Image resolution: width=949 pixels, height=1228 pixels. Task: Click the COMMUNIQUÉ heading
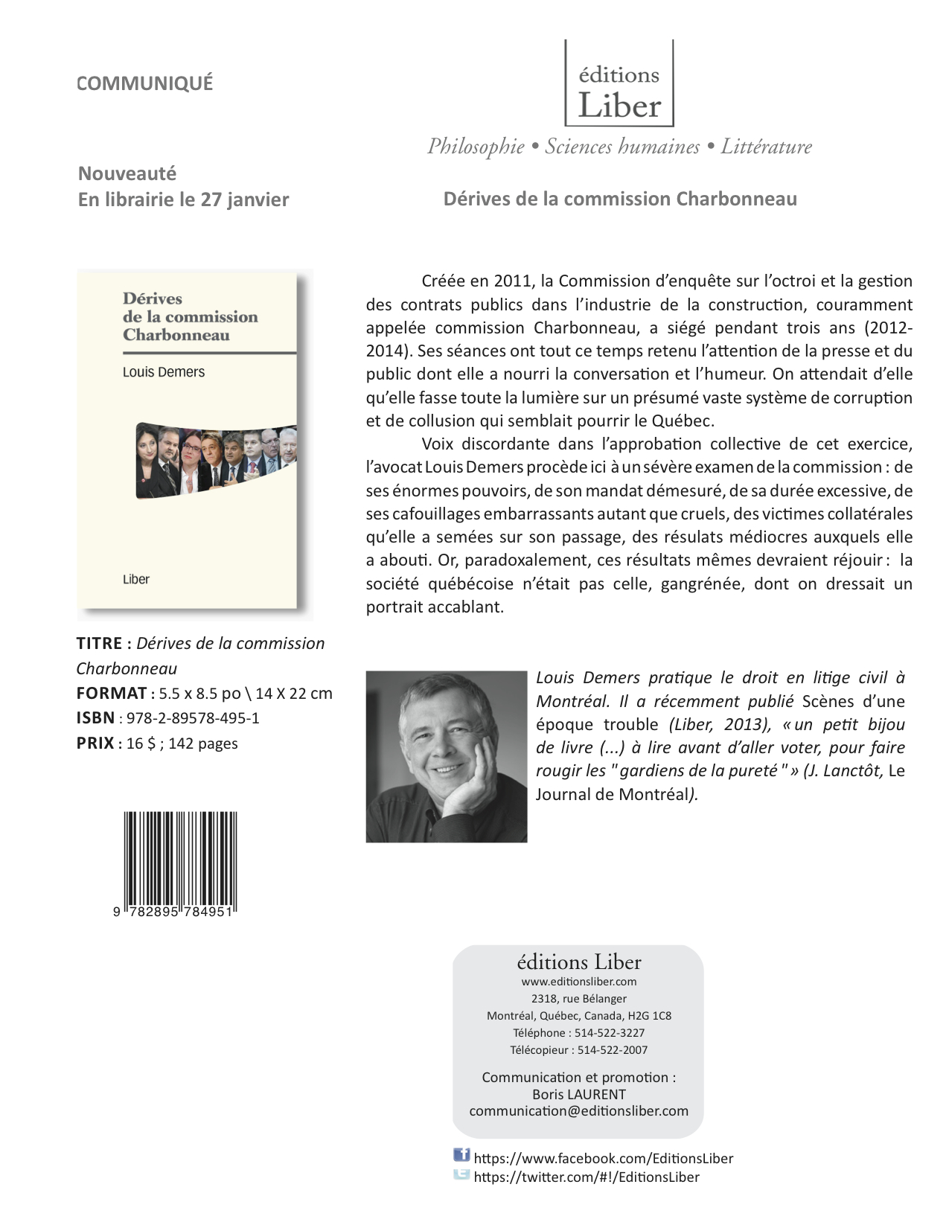145,83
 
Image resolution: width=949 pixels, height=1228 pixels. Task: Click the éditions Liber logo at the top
619,84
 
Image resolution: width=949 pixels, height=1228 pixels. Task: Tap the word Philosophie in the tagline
476,147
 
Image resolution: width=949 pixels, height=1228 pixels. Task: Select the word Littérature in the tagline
766,147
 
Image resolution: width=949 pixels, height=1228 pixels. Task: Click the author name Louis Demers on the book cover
164,372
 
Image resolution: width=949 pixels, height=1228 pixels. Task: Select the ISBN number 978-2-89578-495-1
193,718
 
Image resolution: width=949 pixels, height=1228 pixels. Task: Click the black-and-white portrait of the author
446,757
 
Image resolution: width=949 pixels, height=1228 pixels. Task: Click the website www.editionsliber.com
578,982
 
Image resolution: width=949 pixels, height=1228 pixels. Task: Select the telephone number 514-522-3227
610,1033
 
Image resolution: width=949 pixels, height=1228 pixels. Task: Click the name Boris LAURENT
578,1094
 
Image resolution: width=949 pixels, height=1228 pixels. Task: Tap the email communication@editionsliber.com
578,1111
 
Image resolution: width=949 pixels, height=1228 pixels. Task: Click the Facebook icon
461,1156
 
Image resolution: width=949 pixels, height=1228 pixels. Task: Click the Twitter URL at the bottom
587,1177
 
